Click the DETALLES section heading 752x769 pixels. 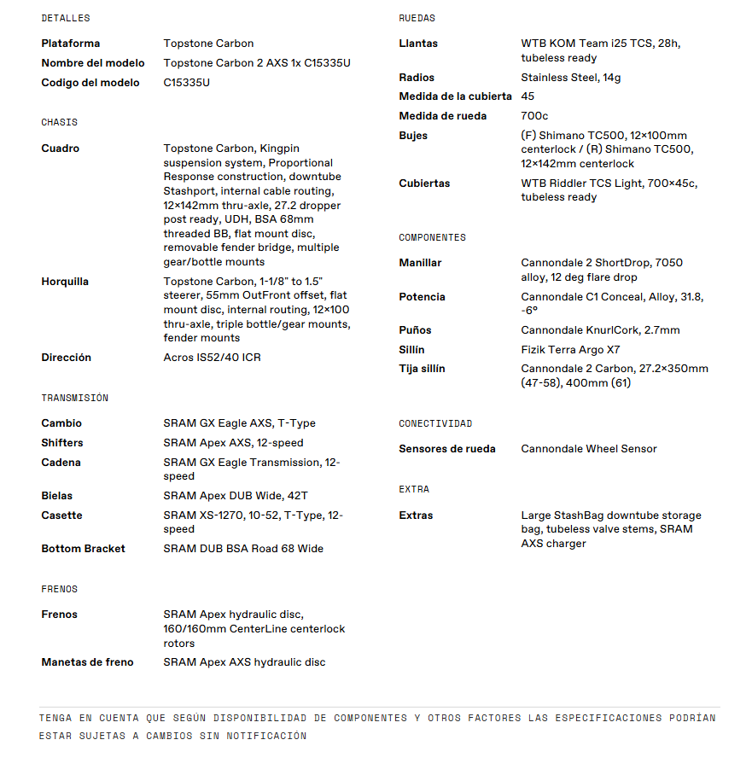[65, 18]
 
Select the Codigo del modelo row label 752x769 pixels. [90, 83]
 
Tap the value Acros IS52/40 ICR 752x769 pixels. [212, 358]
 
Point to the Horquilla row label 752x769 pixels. [65, 282]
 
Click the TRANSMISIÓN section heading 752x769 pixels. [74, 398]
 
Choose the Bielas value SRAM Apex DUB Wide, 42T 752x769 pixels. [236, 496]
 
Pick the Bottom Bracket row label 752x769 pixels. [83, 549]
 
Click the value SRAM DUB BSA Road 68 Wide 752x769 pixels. [243, 549]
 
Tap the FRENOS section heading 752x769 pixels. [59, 589]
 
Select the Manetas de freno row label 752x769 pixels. [87, 662]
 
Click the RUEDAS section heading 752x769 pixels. [417, 18]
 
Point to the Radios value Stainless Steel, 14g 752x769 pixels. [570, 78]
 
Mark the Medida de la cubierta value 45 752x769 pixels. [528, 96]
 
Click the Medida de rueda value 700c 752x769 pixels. [534, 116]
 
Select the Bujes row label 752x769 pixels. [413, 136]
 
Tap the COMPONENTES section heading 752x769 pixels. [432, 237]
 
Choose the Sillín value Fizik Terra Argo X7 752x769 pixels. [570, 350]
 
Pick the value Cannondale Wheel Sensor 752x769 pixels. [589, 449]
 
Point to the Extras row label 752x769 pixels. [416, 516]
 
